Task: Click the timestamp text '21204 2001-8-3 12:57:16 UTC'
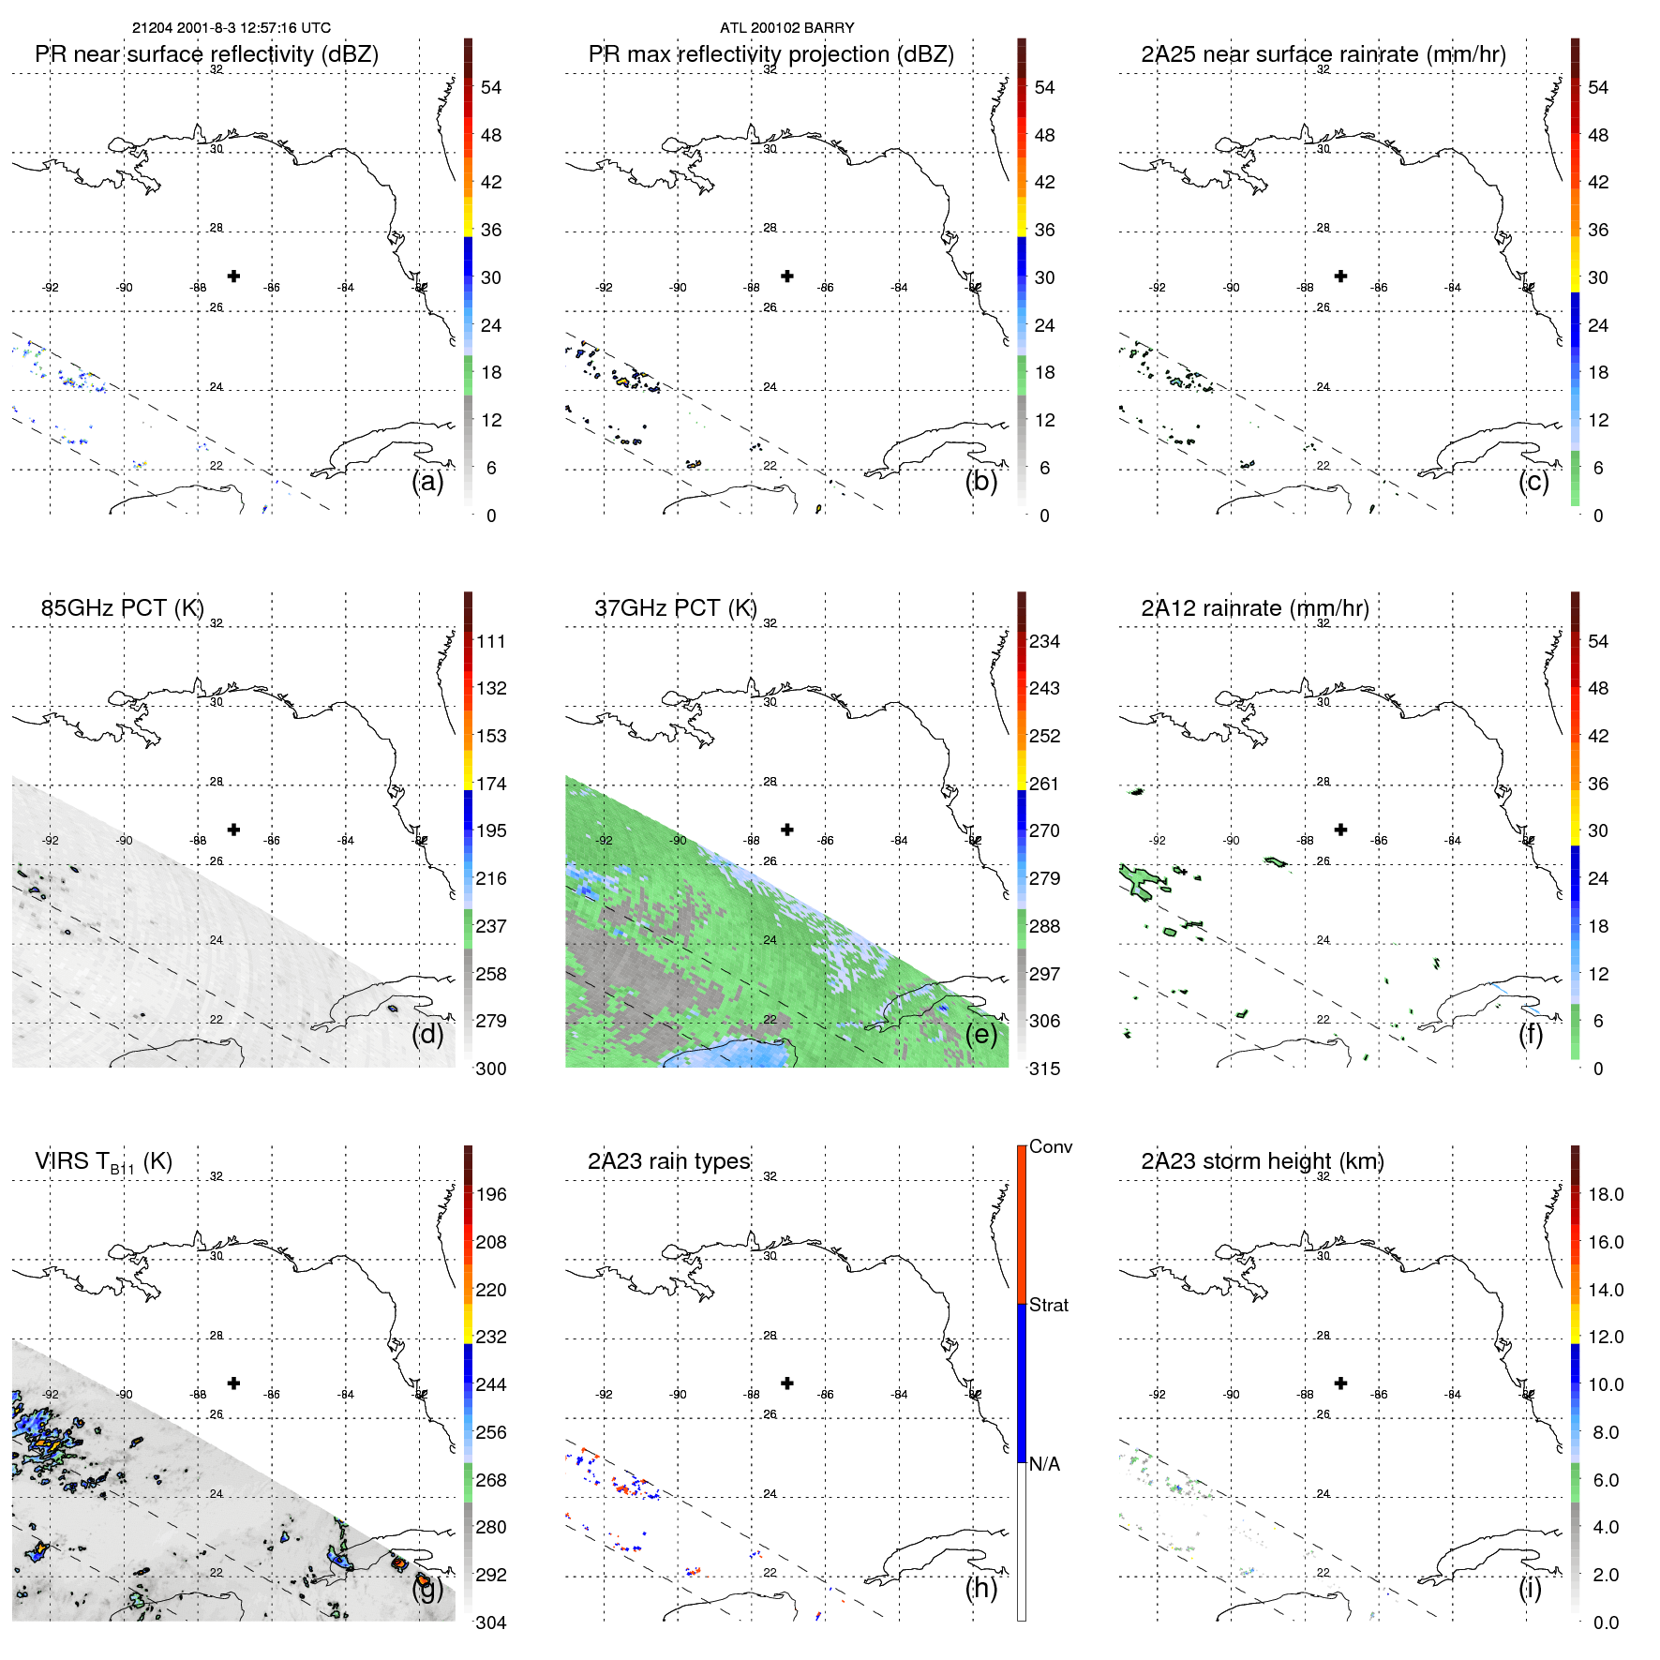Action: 231,28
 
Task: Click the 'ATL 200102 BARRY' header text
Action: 786,28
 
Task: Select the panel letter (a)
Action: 427,481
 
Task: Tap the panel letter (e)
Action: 980,1034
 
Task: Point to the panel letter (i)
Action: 1530,1588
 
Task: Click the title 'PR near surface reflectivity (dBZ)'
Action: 206,54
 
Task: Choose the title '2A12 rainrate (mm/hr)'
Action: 1254,608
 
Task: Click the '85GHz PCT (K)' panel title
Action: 122,608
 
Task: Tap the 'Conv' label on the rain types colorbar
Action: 1050,1147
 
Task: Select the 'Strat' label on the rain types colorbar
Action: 1048,1306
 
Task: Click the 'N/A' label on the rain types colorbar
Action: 1044,1464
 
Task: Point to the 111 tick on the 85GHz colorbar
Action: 491,642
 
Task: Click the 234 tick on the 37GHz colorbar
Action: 1044,642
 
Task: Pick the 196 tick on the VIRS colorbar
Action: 491,1195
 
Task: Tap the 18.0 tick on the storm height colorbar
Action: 1605,1195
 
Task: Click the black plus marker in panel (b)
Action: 787,276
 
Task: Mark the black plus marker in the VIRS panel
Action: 233,1383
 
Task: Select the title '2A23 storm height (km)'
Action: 1262,1161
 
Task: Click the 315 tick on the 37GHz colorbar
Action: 1044,1069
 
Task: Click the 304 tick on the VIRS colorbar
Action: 491,1623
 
